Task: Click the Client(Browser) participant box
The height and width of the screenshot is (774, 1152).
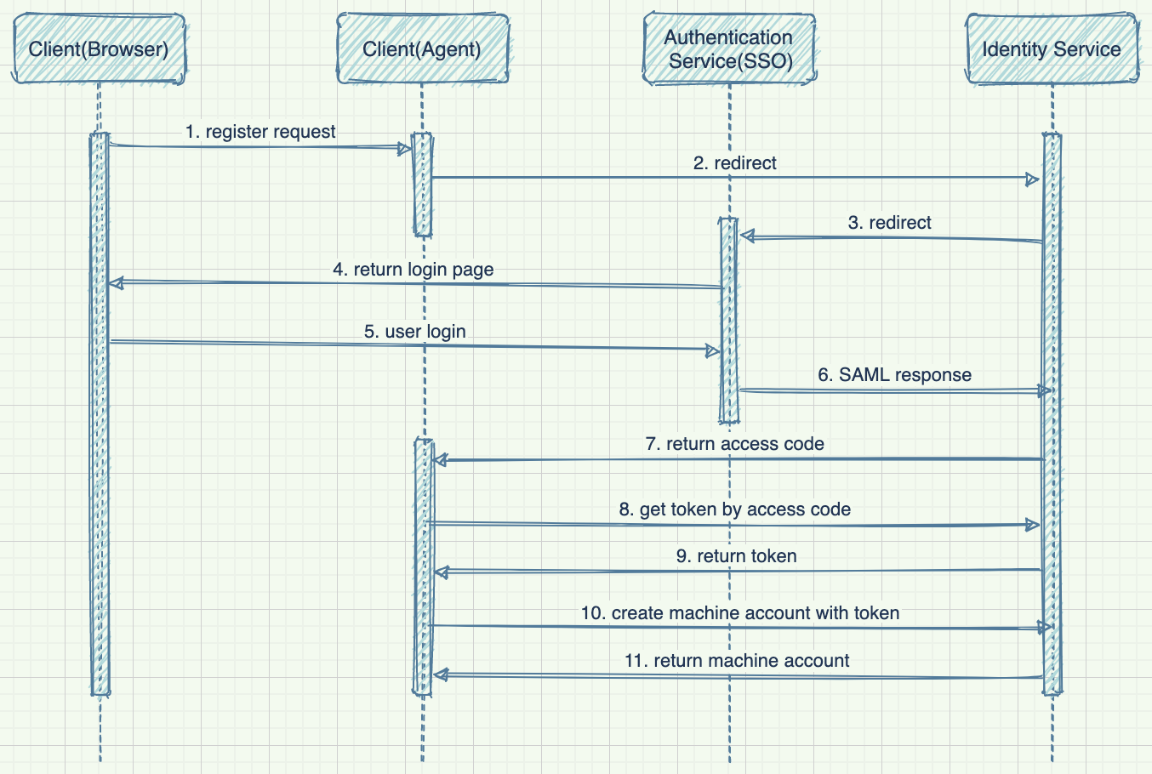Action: [x=99, y=48]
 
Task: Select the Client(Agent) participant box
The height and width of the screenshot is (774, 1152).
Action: [x=422, y=48]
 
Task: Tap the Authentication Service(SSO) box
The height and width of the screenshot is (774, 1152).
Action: [x=729, y=48]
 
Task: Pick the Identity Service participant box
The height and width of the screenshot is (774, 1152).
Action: [x=1052, y=48]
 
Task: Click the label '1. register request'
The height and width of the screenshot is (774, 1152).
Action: [x=260, y=132]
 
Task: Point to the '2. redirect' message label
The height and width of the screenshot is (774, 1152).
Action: [x=734, y=163]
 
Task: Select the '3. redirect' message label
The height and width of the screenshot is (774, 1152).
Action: [x=889, y=223]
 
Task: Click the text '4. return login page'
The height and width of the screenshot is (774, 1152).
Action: [x=413, y=270]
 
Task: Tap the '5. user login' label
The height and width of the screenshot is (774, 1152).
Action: [x=414, y=332]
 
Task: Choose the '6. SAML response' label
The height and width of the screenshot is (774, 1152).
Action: [x=894, y=375]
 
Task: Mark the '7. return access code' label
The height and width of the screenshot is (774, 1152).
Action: [x=734, y=444]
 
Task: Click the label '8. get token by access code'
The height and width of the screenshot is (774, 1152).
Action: [x=734, y=509]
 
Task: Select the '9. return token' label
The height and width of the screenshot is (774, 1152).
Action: [x=736, y=556]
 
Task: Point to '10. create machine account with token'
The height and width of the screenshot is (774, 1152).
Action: [x=739, y=613]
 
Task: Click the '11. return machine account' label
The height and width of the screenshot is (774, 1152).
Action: [x=736, y=661]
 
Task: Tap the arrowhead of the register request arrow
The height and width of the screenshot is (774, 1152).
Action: [x=405, y=149]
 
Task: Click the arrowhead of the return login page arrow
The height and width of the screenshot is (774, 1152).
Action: [x=116, y=282]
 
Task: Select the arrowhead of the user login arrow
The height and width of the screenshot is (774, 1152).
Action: [x=713, y=350]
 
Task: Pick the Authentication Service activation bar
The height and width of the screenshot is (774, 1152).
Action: [x=728, y=320]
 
